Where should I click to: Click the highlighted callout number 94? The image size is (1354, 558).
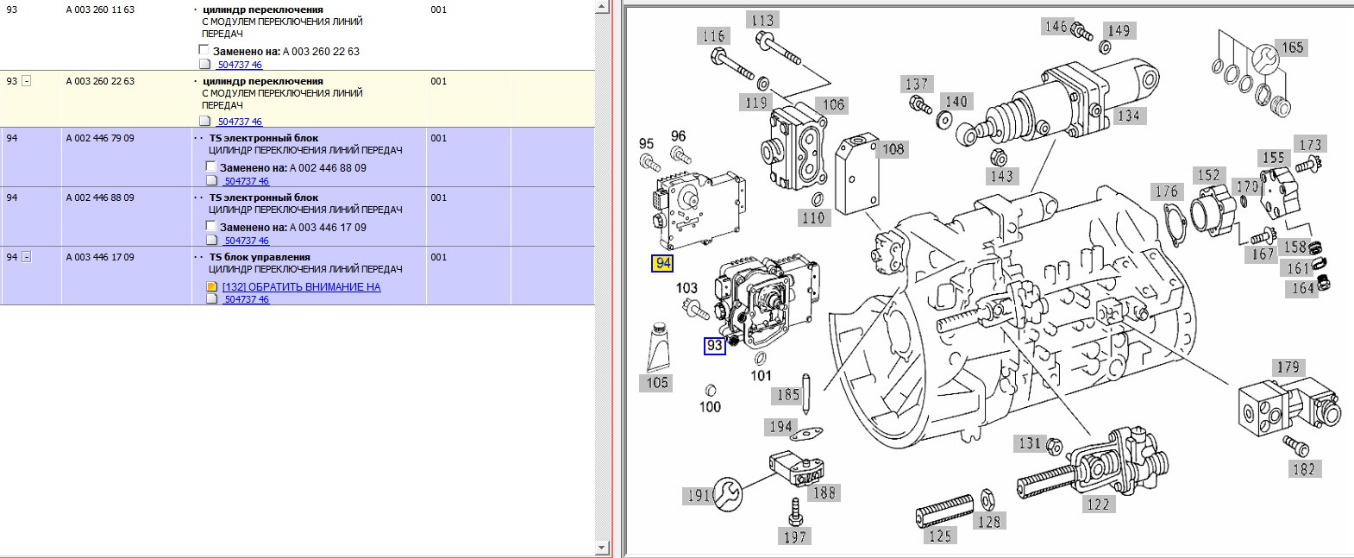(662, 263)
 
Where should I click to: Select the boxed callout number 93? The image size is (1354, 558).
(714, 345)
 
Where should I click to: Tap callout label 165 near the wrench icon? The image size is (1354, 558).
(1293, 47)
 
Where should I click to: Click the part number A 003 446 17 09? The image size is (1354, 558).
(100, 257)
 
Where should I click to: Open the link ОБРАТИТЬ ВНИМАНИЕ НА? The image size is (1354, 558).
(302, 286)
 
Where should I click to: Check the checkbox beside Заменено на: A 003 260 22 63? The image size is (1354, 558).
(204, 50)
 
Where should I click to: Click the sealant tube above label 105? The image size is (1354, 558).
(659, 347)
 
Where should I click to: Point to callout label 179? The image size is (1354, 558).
(1288, 367)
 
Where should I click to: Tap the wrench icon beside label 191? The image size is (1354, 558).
(728, 493)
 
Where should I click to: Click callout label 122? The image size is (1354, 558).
(1099, 504)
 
